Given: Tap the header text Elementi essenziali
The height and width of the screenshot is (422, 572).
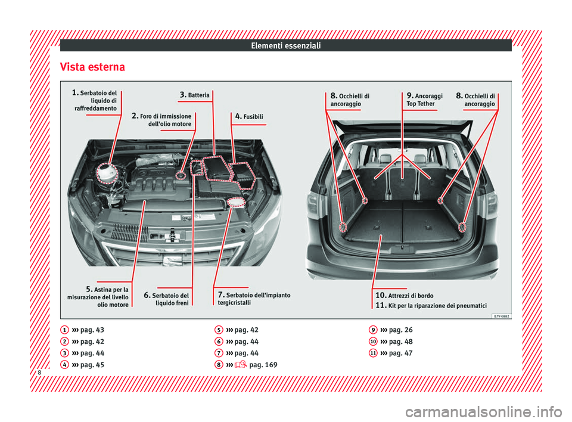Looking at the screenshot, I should (x=285, y=45).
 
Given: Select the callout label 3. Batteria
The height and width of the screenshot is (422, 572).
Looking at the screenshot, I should (x=194, y=95).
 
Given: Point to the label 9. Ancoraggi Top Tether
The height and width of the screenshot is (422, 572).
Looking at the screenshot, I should (x=424, y=100).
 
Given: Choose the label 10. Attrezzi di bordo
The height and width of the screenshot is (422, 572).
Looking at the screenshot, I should (x=404, y=296).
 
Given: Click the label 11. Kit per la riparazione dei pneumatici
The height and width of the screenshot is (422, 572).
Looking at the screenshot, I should (x=431, y=305).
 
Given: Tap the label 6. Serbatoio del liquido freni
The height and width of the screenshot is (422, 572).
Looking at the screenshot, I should (x=167, y=299).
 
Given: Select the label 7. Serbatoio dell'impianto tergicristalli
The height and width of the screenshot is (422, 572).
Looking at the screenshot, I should (x=254, y=299).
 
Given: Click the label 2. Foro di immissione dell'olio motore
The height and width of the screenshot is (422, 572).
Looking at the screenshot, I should (x=162, y=120).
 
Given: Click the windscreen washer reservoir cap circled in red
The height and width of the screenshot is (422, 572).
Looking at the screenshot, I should (x=237, y=203).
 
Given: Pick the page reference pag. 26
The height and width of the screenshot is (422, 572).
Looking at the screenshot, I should (x=400, y=330).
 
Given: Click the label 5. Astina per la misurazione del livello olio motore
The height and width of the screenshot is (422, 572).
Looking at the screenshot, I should (x=99, y=297).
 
